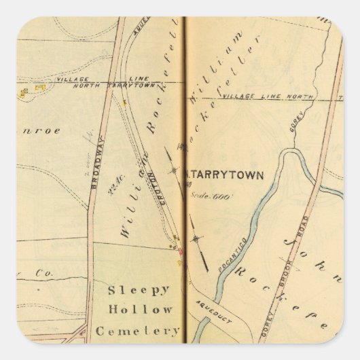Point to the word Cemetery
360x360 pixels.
click(137, 331)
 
